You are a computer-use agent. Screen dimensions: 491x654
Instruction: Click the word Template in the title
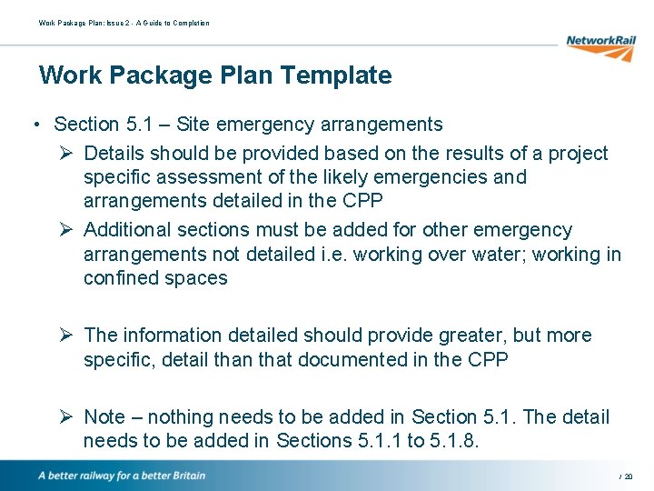pos(334,75)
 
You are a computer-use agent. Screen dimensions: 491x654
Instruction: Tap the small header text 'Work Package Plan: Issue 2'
pos(86,23)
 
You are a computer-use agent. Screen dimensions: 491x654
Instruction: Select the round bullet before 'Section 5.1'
pos(32,125)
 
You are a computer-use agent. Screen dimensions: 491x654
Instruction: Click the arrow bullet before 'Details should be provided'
pos(67,153)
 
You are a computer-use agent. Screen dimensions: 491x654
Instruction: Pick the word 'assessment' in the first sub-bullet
pos(202,176)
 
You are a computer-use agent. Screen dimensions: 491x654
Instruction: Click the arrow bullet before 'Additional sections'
pos(67,230)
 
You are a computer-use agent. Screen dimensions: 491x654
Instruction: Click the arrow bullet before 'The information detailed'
pos(67,336)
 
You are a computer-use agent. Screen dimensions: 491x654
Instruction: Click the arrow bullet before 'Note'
pos(67,416)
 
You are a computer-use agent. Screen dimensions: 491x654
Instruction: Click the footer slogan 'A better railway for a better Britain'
pos(121,476)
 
